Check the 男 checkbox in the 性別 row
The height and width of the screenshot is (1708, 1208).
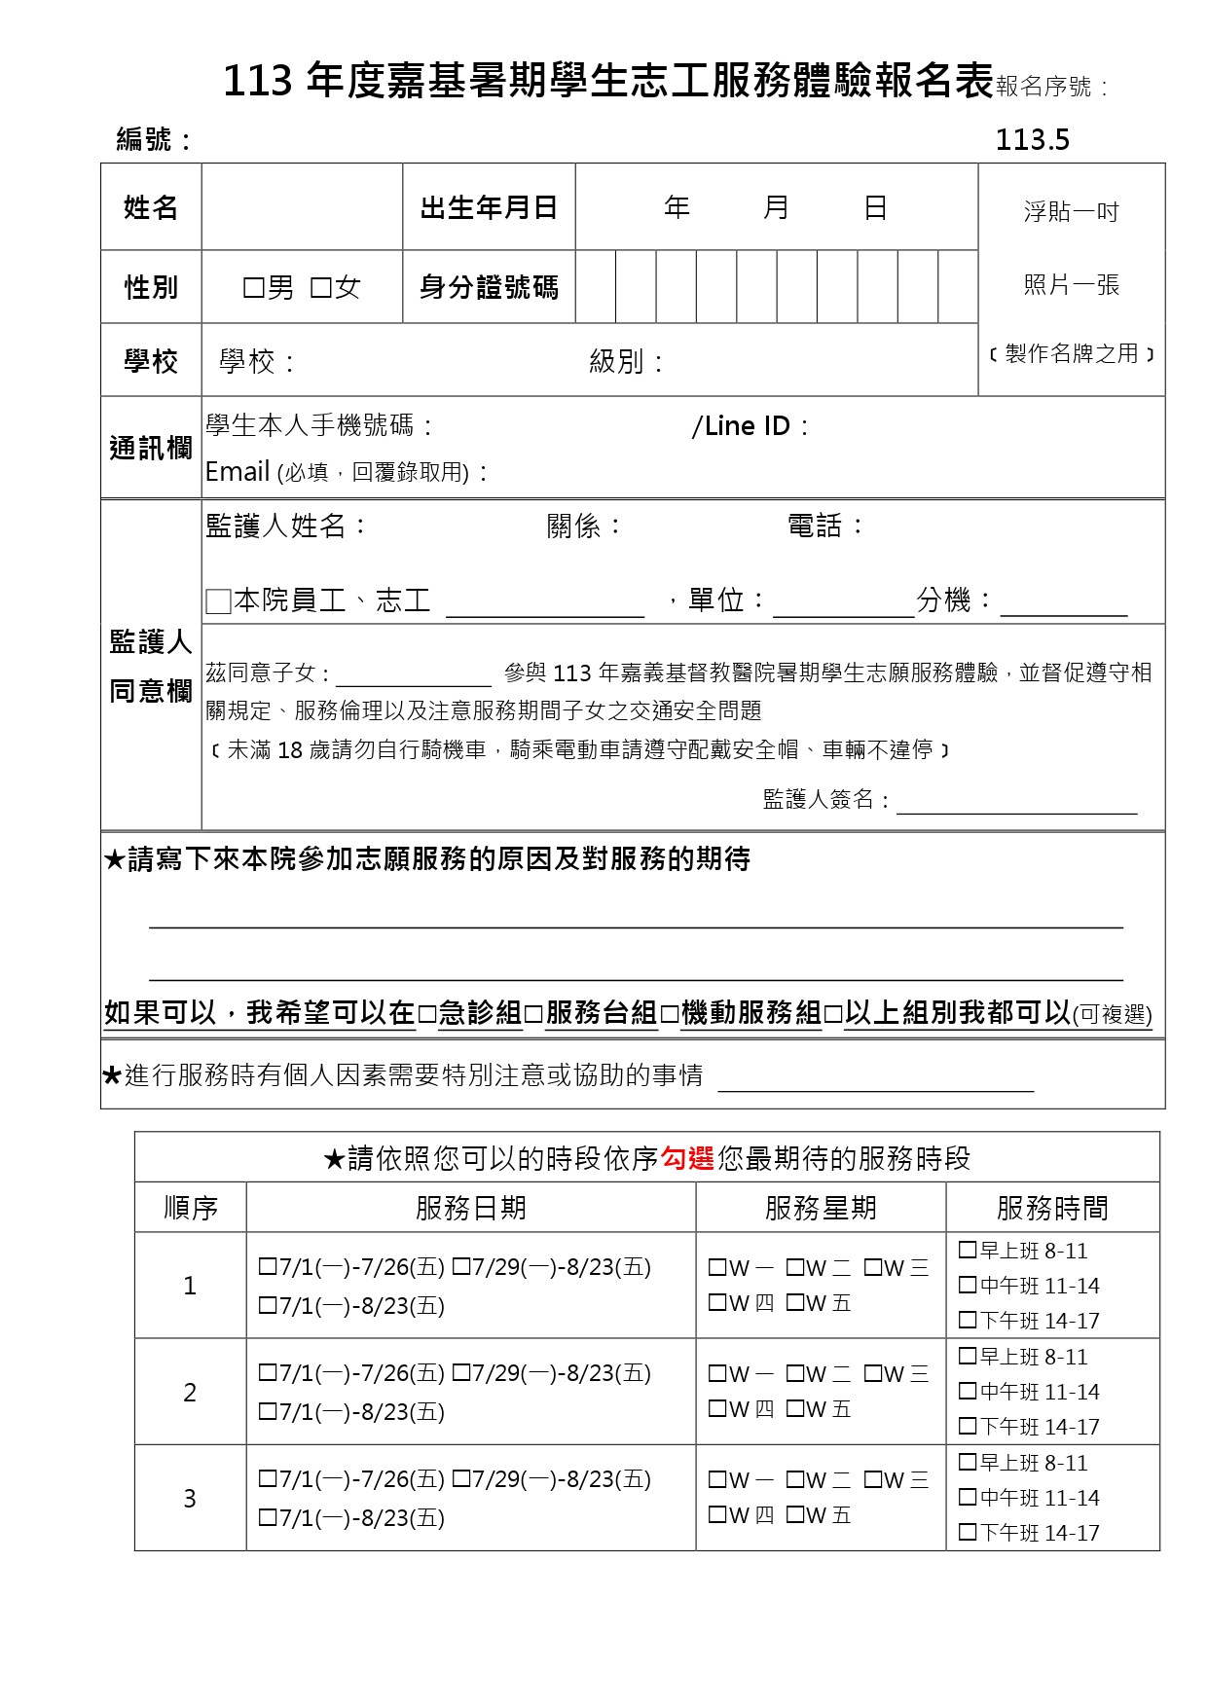(x=254, y=288)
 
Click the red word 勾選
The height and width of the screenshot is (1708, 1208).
(x=687, y=1158)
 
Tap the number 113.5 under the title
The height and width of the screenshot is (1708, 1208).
(x=1032, y=140)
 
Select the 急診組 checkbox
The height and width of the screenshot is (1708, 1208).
(x=427, y=1015)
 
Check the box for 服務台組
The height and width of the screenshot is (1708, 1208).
(x=533, y=1015)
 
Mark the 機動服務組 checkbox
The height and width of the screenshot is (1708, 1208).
(x=670, y=1015)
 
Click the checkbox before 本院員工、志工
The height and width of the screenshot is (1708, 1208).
(x=219, y=601)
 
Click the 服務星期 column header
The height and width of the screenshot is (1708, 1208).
(x=821, y=1208)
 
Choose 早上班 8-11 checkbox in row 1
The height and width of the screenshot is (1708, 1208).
(x=968, y=1250)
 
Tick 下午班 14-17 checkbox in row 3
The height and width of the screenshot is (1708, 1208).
(x=968, y=1532)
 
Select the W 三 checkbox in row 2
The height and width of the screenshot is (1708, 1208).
(x=873, y=1373)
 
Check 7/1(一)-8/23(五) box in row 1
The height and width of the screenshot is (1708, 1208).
(x=268, y=1305)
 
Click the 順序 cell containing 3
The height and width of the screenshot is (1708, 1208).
(x=190, y=1498)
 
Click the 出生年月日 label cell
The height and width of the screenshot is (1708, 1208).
(x=489, y=207)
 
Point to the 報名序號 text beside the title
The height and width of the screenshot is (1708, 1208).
(x=1049, y=87)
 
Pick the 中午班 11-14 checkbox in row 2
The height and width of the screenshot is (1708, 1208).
(x=968, y=1391)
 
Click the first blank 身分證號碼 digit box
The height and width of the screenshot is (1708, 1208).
(x=596, y=287)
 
